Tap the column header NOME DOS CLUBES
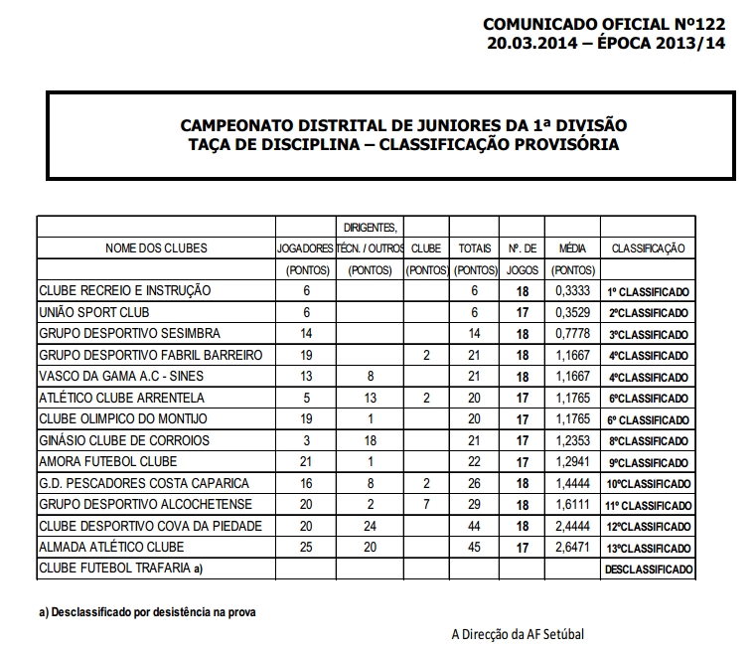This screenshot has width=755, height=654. (x=156, y=247)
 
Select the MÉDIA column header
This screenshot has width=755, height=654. (x=572, y=247)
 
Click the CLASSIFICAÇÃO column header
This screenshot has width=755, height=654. (x=648, y=247)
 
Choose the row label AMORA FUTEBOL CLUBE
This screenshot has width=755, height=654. (x=107, y=462)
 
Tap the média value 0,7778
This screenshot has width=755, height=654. (x=572, y=333)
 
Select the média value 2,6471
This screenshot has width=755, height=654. (x=572, y=548)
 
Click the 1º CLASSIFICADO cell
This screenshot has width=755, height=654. (x=648, y=291)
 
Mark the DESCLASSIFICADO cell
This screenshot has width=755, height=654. (x=649, y=571)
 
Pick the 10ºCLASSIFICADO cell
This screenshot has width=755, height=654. (x=648, y=484)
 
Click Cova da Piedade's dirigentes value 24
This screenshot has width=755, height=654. (x=371, y=526)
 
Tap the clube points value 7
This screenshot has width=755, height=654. (x=426, y=505)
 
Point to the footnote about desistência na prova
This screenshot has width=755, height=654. (x=147, y=612)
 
